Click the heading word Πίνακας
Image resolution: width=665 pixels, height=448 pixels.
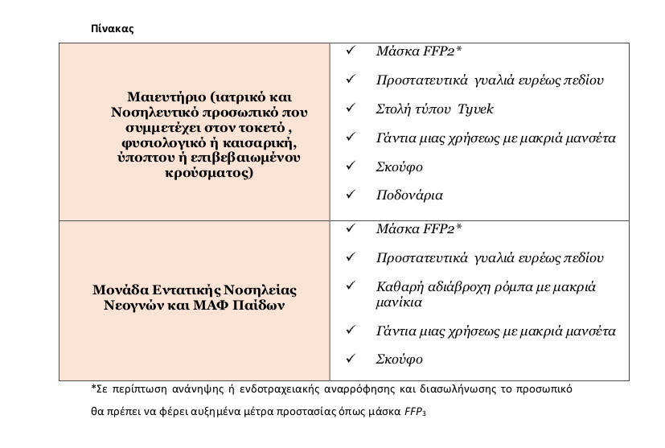112,28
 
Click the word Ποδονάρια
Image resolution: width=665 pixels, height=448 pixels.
409,195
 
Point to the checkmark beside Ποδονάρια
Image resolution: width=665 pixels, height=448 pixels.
350,195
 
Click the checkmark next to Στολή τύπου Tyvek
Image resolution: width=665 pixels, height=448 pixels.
350,109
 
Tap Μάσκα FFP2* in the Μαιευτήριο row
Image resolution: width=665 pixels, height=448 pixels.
419,51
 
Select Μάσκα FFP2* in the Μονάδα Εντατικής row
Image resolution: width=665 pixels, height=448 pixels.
419,229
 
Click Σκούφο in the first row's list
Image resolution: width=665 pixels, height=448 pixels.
399,166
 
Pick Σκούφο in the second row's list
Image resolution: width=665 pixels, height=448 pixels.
399,360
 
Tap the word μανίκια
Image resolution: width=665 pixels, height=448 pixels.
400,302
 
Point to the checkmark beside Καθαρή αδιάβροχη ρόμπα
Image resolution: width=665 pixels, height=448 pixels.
350,287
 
